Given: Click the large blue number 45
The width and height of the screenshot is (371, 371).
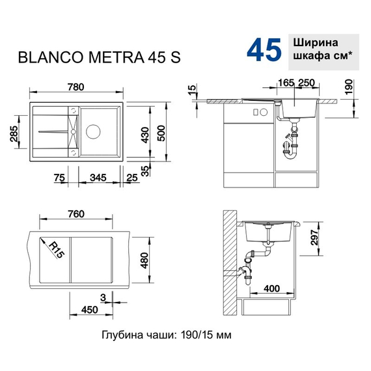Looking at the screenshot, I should tap(264, 49).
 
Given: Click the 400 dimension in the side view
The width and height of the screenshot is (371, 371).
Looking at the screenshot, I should tap(271, 287).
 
